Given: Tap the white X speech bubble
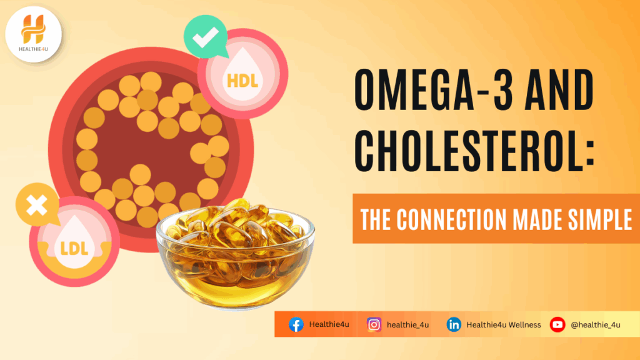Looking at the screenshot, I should [37, 206].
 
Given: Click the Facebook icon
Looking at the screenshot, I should [296, 324].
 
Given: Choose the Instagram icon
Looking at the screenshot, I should [374, 324].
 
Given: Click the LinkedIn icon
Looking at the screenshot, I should [454, 324].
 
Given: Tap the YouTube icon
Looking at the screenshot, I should [557, 324].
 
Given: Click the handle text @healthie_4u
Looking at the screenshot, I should [595, 325].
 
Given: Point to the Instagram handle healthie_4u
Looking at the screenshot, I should [408, 325].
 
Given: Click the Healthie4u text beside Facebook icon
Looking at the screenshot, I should [329, 325].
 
